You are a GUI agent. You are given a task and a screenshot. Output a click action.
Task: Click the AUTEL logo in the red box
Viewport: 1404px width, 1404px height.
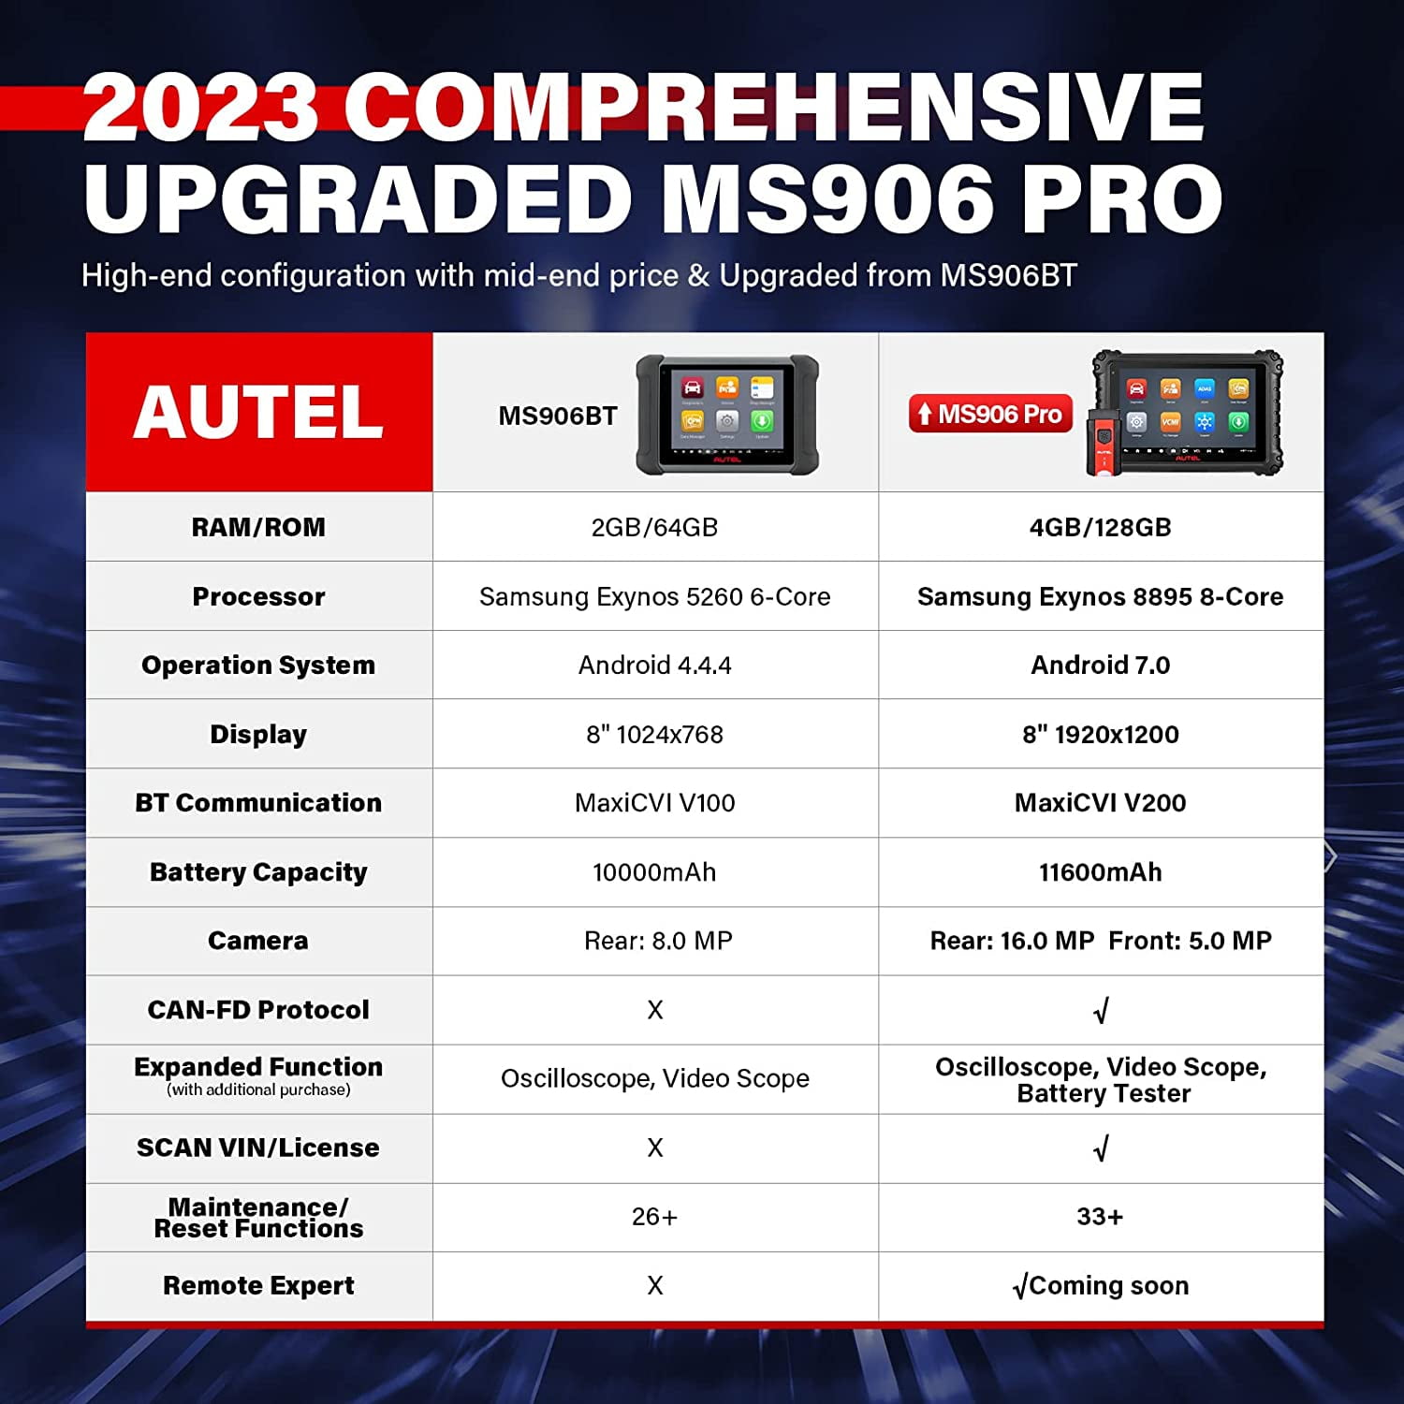258,413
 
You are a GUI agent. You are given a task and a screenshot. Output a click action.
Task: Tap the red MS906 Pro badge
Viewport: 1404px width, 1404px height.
990,414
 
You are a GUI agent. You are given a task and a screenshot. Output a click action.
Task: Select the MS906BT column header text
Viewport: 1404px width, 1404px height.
558,416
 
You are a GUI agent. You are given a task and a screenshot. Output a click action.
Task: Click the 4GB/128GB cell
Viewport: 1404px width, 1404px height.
1101,527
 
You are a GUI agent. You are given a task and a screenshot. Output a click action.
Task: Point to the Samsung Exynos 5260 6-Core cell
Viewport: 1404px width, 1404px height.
655,596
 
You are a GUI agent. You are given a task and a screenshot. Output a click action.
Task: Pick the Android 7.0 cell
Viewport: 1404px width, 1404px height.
1101,665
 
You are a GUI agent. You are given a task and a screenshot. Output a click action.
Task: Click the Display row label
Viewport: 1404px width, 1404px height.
258,735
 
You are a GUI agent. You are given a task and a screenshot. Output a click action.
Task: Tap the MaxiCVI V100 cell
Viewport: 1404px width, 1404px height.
655,802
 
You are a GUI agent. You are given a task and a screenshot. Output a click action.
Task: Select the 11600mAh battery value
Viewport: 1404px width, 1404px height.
1101,871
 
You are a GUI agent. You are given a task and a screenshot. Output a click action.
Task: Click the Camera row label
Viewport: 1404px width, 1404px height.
258,940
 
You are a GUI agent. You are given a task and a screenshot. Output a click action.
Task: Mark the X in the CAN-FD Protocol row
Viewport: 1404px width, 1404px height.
655,1009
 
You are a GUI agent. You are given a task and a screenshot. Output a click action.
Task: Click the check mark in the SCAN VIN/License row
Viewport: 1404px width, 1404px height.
1102,1148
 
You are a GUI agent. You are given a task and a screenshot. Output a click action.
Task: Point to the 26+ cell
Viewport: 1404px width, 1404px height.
655,1216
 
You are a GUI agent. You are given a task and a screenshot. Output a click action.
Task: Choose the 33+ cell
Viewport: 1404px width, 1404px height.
1100,1216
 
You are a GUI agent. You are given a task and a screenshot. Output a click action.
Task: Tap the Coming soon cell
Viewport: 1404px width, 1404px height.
1101,1285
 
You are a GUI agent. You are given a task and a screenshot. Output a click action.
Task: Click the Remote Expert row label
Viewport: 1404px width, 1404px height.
258,1285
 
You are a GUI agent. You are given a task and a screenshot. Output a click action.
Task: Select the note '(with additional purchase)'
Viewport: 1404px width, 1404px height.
258,1090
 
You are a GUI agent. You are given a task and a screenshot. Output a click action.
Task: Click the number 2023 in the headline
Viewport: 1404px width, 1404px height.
200,107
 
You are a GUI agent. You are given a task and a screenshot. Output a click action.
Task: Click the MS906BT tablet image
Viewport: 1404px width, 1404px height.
727,415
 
